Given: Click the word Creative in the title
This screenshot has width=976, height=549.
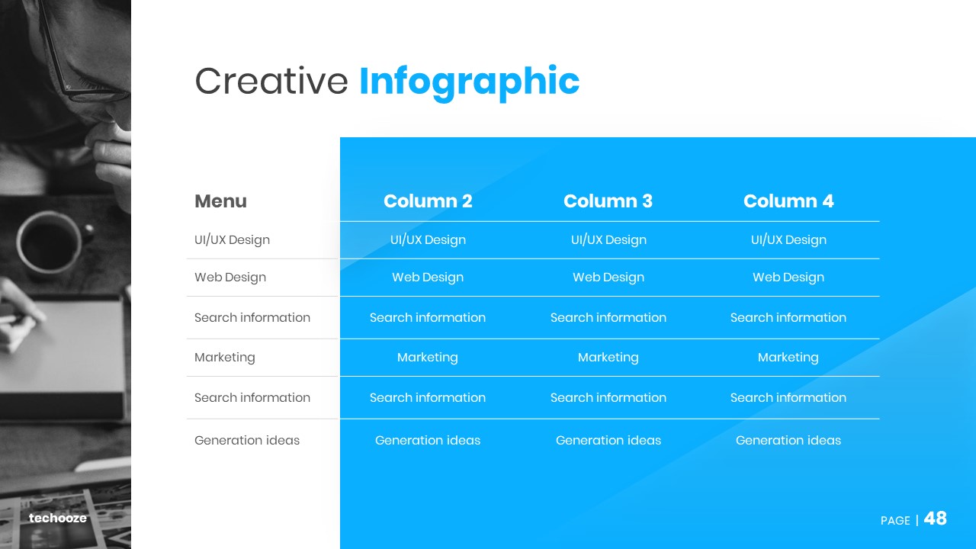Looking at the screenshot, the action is [x=271, y=81].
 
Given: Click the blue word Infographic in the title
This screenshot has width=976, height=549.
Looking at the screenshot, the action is [x=469, y=83].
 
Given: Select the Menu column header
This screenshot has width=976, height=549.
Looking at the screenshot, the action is [x=220, y=201].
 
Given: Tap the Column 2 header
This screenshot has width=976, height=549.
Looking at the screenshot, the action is [x=428, y=201].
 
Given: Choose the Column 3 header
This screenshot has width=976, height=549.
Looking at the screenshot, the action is [x=608, y=201].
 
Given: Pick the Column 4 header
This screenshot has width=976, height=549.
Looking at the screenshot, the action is [x=788, y=201].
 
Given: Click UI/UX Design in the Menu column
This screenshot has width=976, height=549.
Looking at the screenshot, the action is [x=233, y=239].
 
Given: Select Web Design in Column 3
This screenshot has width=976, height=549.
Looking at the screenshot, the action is [x=608, y=277].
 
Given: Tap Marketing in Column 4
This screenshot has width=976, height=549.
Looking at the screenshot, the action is [x=788, y=358].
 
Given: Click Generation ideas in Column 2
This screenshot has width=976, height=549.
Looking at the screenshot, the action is [x=428, y=440].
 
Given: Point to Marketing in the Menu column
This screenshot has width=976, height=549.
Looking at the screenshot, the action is [x=225, y=358].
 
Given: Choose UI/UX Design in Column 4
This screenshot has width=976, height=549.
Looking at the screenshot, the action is [x=788, y=239].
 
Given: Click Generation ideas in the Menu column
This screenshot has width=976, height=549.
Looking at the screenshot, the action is [x=247, y=440].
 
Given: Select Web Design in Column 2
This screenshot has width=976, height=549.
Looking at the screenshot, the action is [x=428, y=277].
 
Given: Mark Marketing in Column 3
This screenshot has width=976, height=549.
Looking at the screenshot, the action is [x=608, y=358].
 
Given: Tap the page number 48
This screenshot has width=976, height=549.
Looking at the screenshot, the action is [x=935, y=518].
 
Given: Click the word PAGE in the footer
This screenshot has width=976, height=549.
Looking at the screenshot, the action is [x=895, y=520].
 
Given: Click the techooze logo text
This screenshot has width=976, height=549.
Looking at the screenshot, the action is [x=57, y=518].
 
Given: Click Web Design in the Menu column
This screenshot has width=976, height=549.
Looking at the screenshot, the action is [x=230, y=277].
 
